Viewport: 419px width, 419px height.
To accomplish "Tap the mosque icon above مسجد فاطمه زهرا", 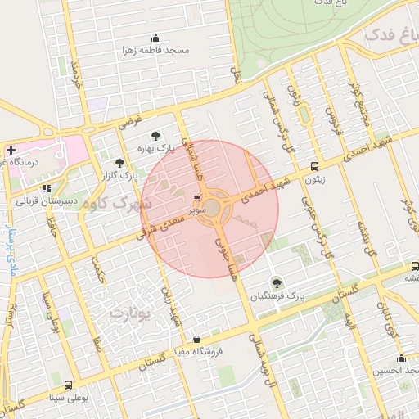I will pyautogui.click(x=155, y=38).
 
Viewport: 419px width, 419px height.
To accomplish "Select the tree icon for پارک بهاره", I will pyautogui.click(x=155, y=137).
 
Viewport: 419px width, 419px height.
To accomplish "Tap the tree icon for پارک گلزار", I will pyautogui.click(x=120, y=163).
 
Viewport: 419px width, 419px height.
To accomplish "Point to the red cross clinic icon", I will pyautogui.click(x=11, y=150).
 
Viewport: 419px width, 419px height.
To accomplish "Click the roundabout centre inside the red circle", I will pyautogui.click(x=212, y=209).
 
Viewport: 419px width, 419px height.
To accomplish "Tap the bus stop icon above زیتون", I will pyautogui.click(x=315, y=166).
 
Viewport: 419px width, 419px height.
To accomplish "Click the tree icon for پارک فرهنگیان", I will pyautogui.click(x=276, y=282).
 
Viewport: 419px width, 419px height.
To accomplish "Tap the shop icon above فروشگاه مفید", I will pyautogui.click(x=196, y=339).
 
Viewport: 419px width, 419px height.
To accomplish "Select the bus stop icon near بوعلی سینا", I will pyautogui.click(x=67, y=385).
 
